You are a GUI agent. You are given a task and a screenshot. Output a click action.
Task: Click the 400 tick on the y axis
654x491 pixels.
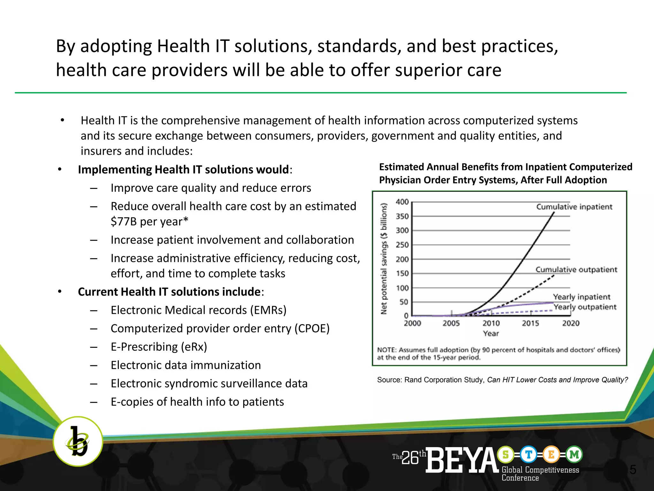pyautogui.click(x=402, y=202)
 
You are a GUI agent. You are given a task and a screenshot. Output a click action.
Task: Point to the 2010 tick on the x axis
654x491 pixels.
pyautogui.click(x=491, y=323)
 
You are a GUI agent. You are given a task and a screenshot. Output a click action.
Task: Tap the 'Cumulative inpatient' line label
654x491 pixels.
pyautogui.click(x=574, y=207)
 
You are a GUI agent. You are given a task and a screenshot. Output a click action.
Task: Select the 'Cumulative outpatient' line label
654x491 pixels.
pyautogui.click(x=576, y=269)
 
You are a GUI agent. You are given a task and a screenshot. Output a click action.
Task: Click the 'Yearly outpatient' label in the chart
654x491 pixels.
pyautogui.click(x=585, y=307)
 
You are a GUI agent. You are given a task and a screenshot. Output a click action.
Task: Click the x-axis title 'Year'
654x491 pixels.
pyautogui.click(x=491, y=333)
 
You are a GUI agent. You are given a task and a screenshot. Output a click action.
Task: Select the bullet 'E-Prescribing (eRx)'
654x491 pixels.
pyautogui.click(x=159, y=347)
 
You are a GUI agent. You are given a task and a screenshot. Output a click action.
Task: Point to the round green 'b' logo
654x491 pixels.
pyautogui.click(x=78, y=441)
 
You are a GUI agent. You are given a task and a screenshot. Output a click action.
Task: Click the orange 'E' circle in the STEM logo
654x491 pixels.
pyautogui.click(x=551, y=454)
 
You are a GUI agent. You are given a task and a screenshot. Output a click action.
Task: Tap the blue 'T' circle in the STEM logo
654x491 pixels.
pyautogui.click(x=528, y=454)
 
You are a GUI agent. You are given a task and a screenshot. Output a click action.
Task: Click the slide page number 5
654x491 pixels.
pyautogui.click(x=633, y=470)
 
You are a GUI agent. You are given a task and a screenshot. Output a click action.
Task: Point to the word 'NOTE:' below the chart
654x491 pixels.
pyautogui.click(x=387, y=350)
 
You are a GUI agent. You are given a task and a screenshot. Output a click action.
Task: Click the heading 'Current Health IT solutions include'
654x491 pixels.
pyautogui.click(x=169, y=292)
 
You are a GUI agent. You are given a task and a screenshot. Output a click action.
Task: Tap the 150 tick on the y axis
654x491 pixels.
pyautogui.click(x=402, y=274)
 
